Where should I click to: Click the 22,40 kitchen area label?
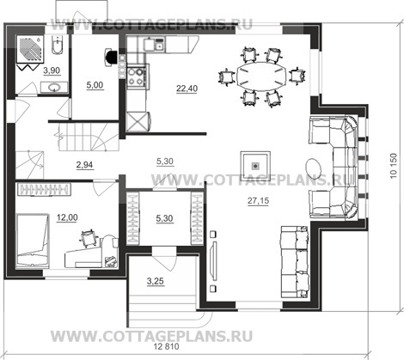(187, 88)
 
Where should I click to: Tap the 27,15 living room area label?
(258, 201)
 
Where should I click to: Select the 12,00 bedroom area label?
(67, 217)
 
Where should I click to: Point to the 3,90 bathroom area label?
(52, 70)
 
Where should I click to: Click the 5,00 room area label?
(95, 85)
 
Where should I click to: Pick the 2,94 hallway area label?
(85, 165)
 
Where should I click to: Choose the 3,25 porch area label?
(156, 281)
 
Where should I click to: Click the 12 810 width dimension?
(167, 346)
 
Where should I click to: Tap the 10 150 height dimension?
(394, 166)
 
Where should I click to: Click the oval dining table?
(261, 76)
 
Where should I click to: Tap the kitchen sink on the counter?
(154, 45)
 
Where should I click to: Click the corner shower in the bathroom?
(30, 49)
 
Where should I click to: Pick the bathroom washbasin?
(54, 87)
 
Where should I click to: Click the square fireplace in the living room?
(255, 166)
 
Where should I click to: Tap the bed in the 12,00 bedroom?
(32, 241)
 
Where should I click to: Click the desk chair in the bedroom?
(88, 237)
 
